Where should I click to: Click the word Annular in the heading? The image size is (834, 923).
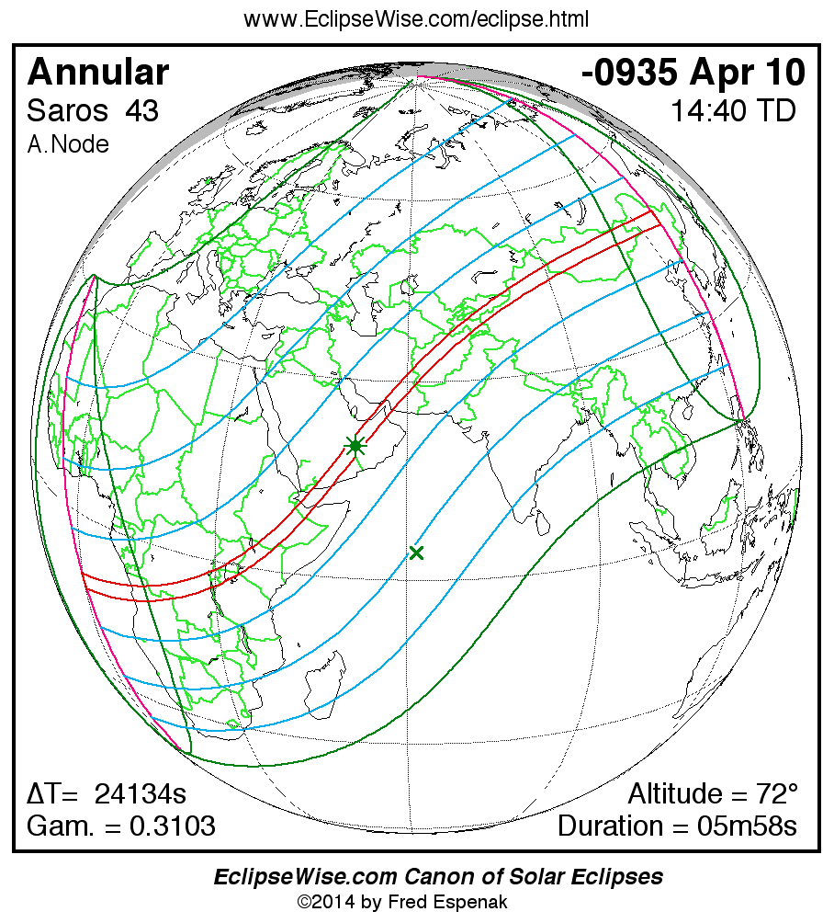(98, 72)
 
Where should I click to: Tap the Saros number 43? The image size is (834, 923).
(142, 111)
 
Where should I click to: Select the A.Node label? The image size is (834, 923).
(68, 144)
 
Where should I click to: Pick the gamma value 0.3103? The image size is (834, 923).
(173, 826)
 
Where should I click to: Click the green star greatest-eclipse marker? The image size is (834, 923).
(355, 446)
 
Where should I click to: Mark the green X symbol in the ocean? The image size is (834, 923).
(417, 553)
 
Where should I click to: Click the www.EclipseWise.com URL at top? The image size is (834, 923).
(416, 19)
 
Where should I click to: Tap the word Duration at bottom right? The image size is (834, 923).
(616, 826)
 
